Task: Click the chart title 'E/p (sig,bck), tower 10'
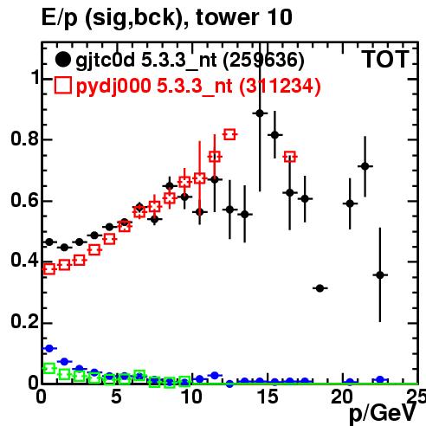point(167,18)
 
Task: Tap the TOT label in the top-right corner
point(385,59)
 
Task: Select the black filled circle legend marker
point(62,60)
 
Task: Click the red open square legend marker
point(62,85)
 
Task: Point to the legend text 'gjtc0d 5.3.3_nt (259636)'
point(190,61)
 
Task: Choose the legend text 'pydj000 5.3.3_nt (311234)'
point(198,86)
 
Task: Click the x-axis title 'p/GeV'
point(383,413)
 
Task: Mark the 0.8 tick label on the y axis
point(24,139)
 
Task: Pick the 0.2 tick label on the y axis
point(24,321)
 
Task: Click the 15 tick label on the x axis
point(268,397)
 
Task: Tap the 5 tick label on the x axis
point(116,397)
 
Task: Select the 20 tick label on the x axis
point(342,397)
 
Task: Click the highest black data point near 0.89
point(260,113)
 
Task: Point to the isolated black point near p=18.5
point(319,288)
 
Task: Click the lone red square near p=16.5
point(290,157)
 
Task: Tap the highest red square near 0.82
point(229,134)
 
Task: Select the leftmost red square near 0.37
point(49,269)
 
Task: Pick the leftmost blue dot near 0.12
point(49,348)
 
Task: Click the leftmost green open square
point(49,368)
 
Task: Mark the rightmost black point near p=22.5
point(380,275)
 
